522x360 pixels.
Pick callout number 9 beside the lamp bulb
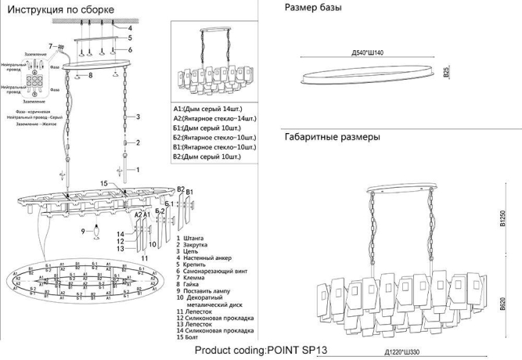click(x=82, y=232)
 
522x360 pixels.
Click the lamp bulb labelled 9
click(x=96, y=231)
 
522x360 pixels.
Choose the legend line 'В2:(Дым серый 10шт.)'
click(x=208, y=157)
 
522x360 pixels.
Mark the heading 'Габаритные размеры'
click(x=332, y=136)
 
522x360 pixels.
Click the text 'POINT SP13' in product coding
click(x=300, y=351)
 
